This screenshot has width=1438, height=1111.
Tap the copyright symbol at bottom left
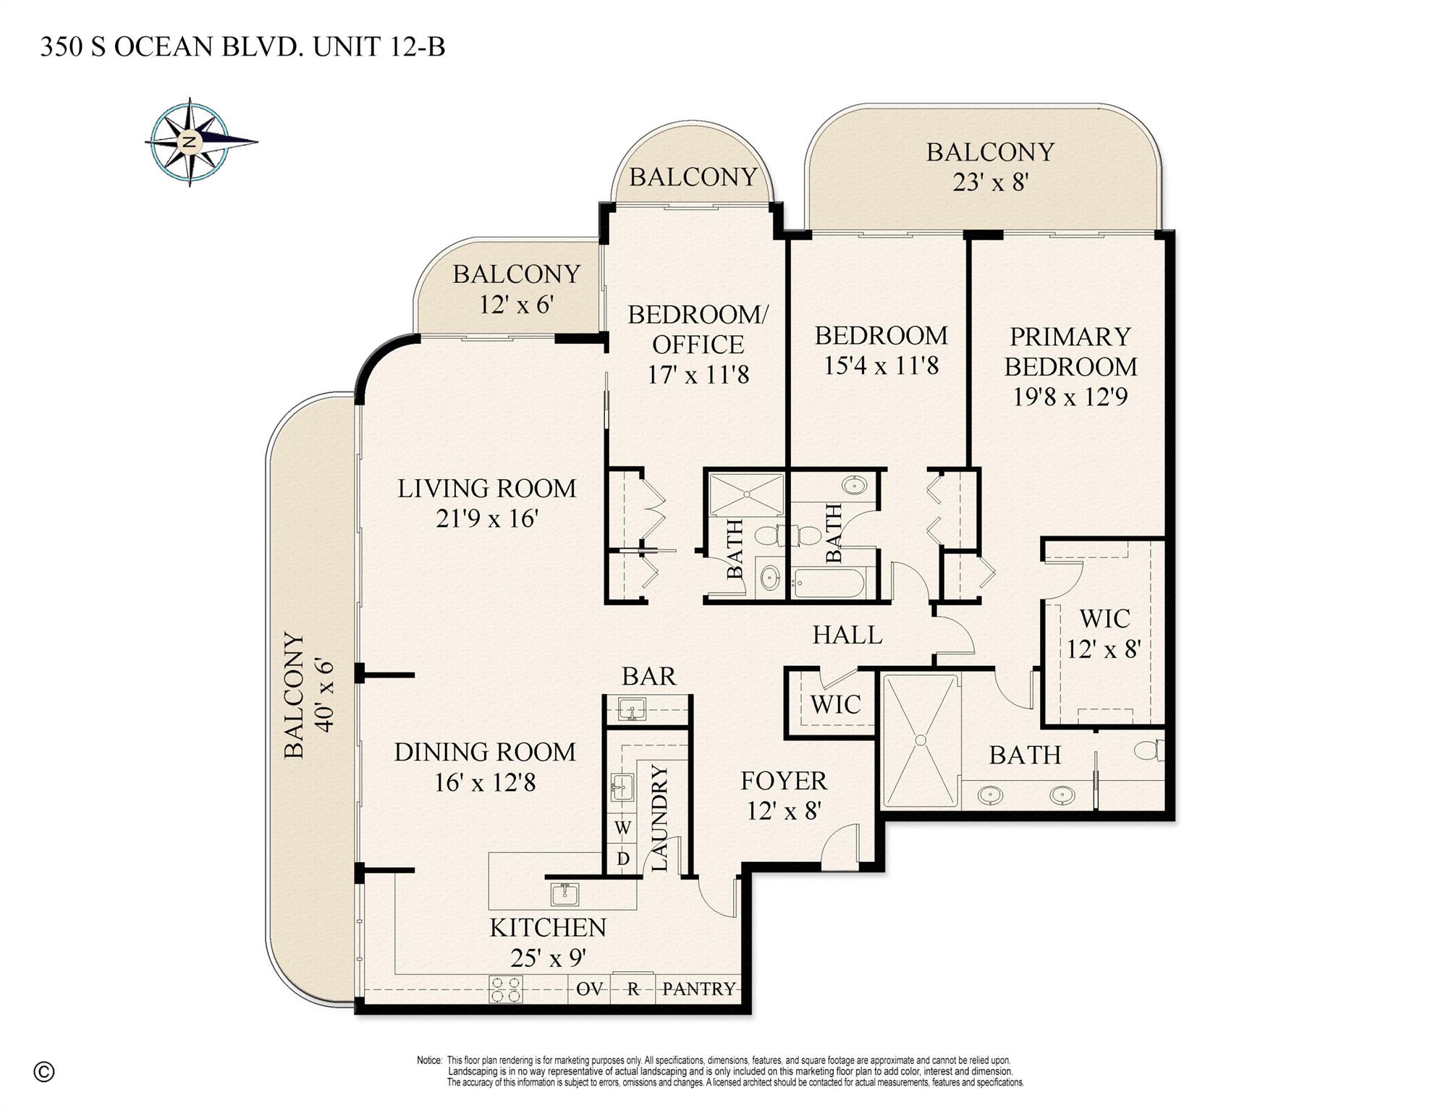(44, 1072)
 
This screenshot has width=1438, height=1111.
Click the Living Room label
(486, 489)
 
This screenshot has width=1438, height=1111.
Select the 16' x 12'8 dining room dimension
(485, 782)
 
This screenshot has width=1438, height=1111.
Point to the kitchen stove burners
(506, 989)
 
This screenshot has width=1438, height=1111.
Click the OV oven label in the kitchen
(589, 989)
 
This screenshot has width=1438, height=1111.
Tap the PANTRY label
(698, 989)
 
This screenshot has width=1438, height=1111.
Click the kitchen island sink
(564, 894)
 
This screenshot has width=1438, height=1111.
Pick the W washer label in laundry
(622, 827)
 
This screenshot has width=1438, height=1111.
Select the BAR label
(648, 676)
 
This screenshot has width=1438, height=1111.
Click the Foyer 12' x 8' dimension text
(783, 811)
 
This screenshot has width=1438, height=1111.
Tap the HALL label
(847, 635)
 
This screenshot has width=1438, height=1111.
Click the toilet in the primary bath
(1150, 750)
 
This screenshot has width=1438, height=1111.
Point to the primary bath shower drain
(921, 740)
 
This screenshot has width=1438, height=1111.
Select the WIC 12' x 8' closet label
(1104, 634)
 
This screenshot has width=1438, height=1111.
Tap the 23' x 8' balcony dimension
(990, 182)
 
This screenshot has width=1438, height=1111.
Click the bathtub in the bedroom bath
(829, 583)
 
